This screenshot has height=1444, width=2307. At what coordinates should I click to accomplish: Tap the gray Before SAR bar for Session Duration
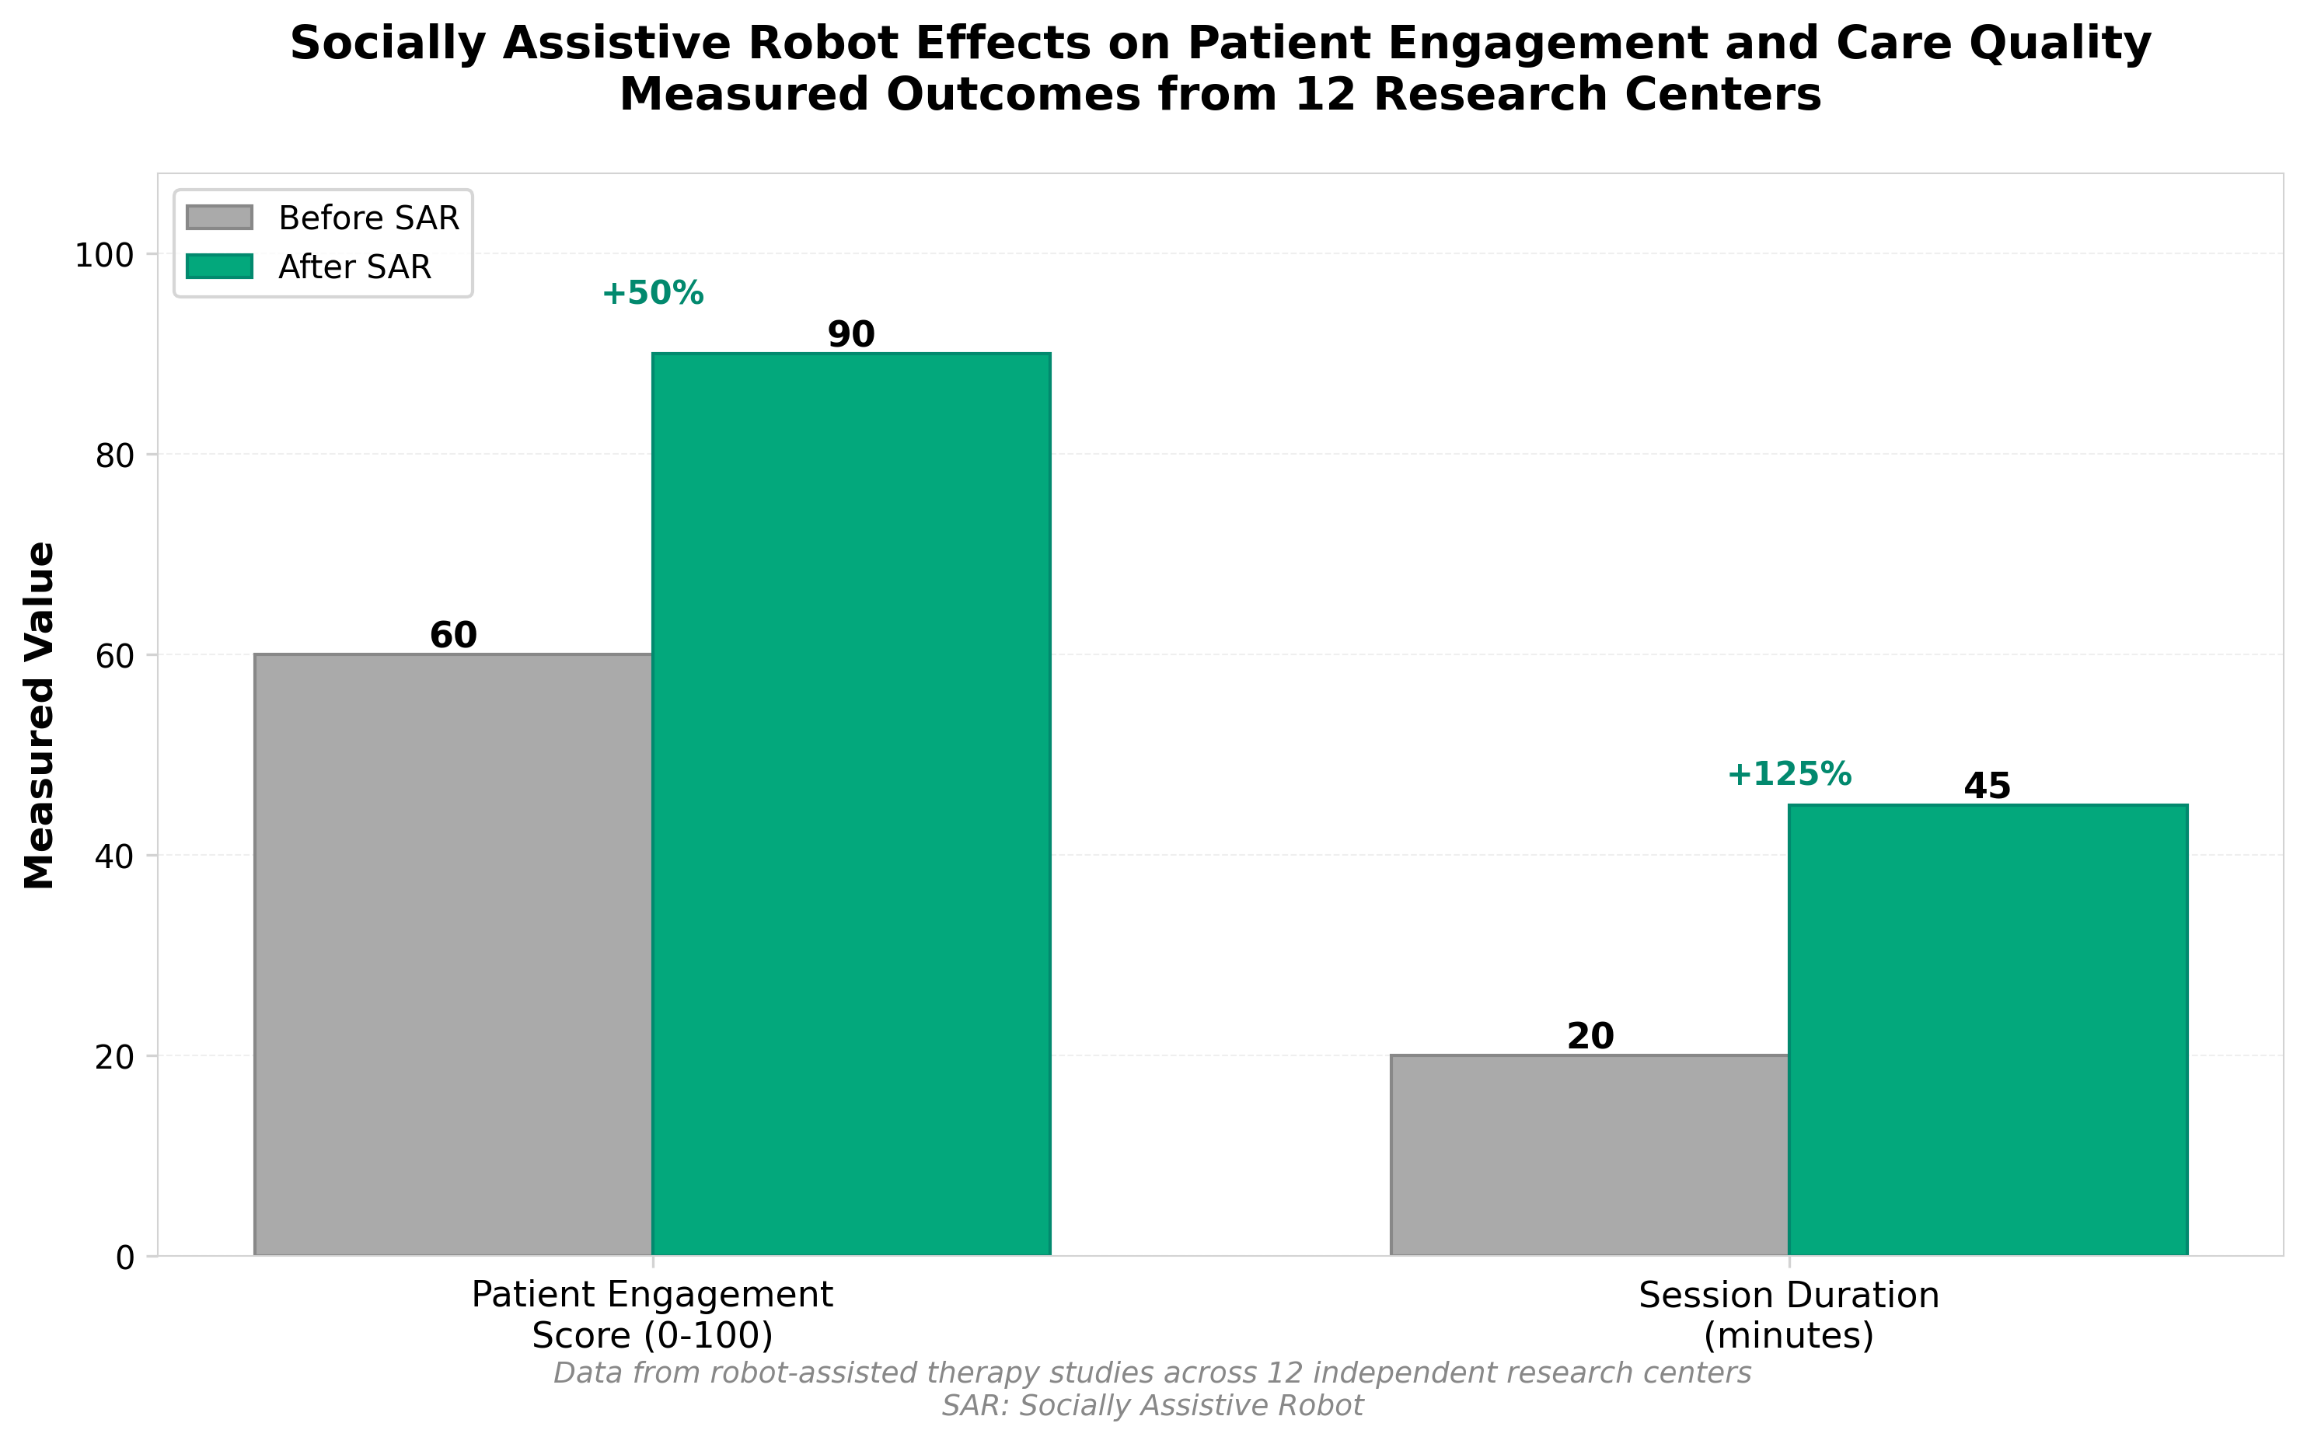point(1589,1155)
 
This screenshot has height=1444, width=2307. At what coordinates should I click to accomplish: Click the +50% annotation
point(652,293)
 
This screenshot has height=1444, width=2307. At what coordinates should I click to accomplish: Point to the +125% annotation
point(1789,773)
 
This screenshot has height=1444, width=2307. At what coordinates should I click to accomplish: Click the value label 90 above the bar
point(851,334)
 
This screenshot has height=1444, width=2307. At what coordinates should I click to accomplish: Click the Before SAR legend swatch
point(220,218)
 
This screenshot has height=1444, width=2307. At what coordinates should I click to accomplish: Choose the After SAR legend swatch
point(220,267)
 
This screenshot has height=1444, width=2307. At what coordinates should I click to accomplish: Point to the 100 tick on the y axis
point(104,255)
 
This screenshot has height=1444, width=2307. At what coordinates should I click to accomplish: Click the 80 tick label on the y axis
point(113,455)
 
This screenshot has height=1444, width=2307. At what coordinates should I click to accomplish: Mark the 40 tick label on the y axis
point(113,856)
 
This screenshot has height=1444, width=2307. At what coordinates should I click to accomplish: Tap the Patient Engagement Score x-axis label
point(652,1314)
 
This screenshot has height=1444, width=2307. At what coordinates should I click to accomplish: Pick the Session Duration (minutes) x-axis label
point(1789,1314)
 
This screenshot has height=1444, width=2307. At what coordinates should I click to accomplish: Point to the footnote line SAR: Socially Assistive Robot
point(1153,1406)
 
